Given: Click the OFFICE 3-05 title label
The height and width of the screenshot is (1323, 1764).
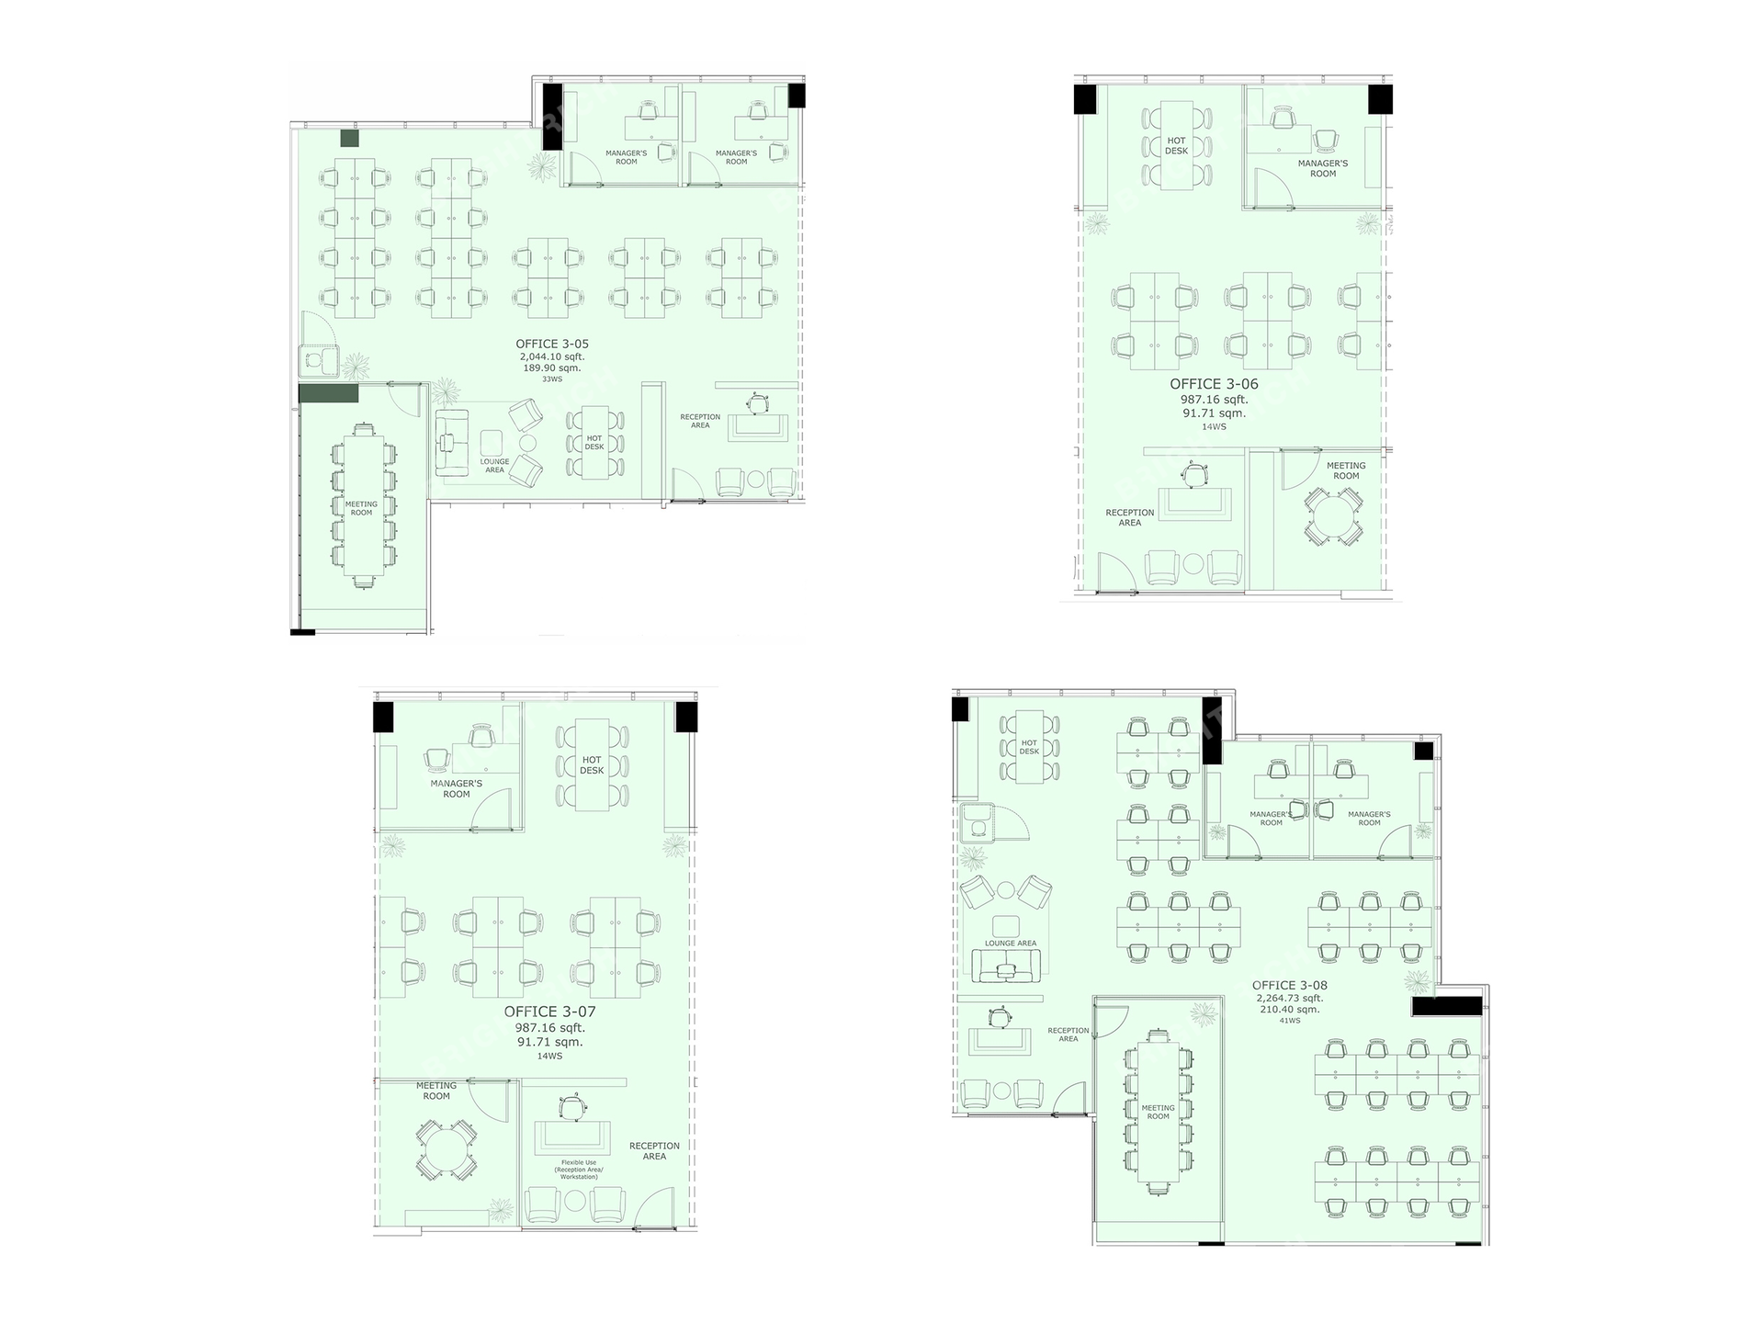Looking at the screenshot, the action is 552,345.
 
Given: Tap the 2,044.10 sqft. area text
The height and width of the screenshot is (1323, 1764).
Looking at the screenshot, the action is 552,356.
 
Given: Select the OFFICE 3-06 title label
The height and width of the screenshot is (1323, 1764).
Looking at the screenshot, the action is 1214,384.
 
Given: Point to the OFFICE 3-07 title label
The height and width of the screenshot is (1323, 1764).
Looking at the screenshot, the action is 549,1012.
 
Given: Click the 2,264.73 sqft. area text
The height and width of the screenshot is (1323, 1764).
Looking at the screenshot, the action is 1290,998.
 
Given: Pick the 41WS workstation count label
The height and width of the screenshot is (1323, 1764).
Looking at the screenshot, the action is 1290,1021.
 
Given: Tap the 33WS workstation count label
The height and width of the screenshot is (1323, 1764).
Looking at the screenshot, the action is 552,379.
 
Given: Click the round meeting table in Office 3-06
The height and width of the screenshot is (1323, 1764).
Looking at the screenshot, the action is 1333,517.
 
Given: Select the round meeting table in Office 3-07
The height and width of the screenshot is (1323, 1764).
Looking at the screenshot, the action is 445,1151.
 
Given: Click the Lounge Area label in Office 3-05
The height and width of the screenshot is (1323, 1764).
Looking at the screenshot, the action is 494,466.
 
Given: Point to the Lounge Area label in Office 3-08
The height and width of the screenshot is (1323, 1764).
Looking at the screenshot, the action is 1011,944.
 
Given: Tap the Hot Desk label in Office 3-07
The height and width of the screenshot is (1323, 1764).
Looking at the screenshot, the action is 592,765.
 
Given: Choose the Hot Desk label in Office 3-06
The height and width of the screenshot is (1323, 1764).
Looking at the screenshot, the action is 1176,146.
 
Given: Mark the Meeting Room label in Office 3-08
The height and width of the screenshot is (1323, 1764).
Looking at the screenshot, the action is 1158,1112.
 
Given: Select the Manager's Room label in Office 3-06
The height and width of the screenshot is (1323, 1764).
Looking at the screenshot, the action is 1323,168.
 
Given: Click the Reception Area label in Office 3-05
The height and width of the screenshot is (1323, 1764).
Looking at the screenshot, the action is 700,421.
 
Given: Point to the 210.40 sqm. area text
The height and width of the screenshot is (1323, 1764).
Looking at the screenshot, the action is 1290,1009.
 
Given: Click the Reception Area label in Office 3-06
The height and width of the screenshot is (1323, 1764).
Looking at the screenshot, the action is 1130,517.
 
